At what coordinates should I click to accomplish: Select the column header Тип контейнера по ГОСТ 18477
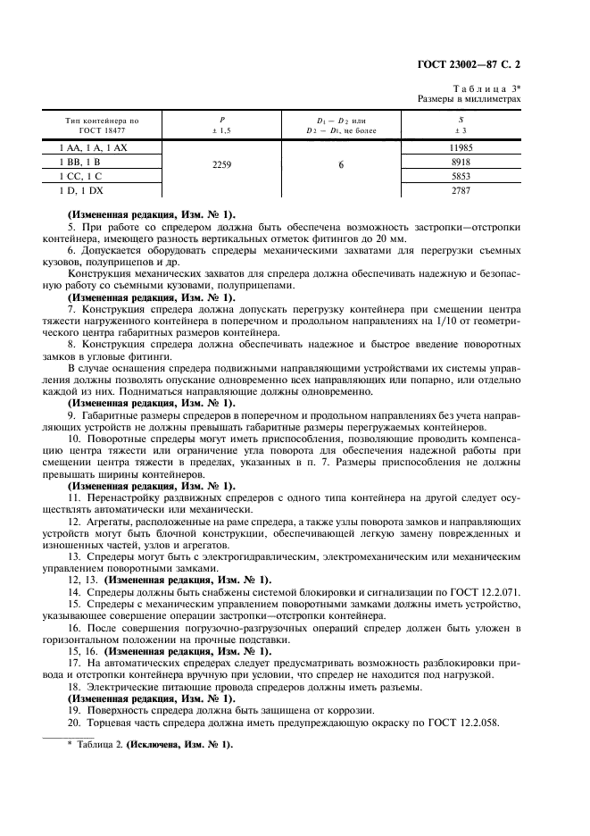(103, 125)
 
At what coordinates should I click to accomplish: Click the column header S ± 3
(460, 125)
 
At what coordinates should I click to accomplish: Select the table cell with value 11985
(460, 146)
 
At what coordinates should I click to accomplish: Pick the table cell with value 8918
(460, 162)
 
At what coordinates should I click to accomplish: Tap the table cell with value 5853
(460, 176)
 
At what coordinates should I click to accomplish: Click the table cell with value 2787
(460, 191)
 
